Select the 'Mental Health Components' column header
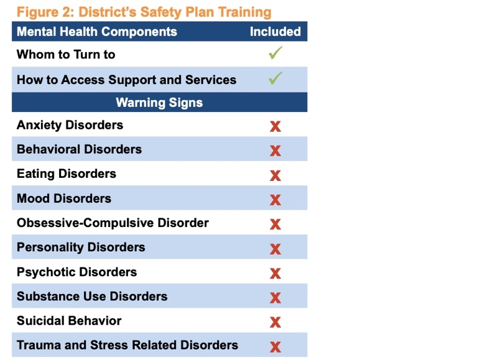(x=97, y=32)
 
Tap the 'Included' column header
(x=275, y=32)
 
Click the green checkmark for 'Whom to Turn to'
(x=275, y=53)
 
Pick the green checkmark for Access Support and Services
(x=275, y=78)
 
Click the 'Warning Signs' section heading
(x=159, y=103)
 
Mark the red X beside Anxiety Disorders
(x=275, y=126)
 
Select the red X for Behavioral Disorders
(x=275, y=150)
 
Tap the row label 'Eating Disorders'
(x=67, y=173)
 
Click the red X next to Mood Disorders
(x=275, y=200)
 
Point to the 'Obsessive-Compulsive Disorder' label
(x=113, y=223)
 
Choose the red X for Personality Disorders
(x=275, y=249)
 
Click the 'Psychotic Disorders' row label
(x=77, y=272)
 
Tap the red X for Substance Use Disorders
(x=275, y=298)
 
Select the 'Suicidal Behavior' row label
(x=69, y=321)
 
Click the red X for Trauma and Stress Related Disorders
(x=275, y=346)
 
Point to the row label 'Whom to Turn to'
(x=66, y=55)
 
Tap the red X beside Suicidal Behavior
(x=275, y=322)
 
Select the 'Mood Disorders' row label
(x=64, y=198)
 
